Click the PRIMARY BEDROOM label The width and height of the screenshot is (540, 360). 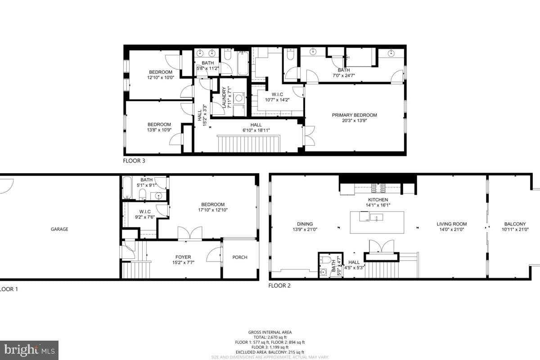point(354,115)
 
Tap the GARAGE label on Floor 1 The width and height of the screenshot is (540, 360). point(59,229)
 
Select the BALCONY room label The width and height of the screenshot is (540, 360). point(515,224)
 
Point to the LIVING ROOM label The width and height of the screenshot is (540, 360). point(451,224)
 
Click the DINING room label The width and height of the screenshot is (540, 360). point(305,224)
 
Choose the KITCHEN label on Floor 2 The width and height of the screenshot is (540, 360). point(378,199)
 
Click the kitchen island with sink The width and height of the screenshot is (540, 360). point(377,222)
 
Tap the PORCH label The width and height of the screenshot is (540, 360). point(240,257)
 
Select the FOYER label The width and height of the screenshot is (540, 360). point(183,257)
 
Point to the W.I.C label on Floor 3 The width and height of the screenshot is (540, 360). point(277,94)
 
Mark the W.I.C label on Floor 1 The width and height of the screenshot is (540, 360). point(144,211)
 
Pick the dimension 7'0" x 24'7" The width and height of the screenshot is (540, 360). point(343,76)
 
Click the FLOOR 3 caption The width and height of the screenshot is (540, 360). point(134,160)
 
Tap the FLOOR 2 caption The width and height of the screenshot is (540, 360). point(279,285)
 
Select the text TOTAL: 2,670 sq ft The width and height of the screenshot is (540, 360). point(270,337)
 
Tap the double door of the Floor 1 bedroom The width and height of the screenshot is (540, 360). point(190,234)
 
